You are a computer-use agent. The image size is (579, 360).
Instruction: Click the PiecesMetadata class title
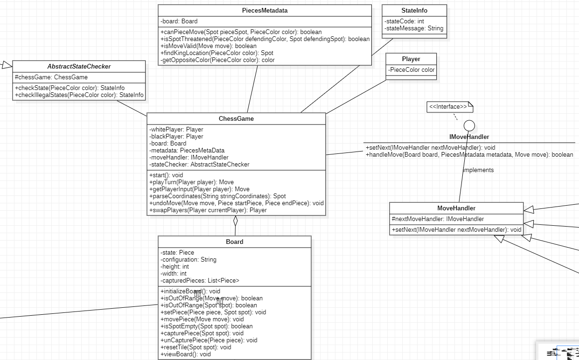click(x=265, y=10)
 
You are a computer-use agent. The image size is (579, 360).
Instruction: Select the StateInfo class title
click(x=414, y=10)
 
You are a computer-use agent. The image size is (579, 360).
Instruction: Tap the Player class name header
click(x=411, y=59)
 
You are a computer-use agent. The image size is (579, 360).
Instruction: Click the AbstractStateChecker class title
click(x=79, y=66)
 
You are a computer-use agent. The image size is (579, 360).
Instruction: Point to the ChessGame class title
click(x=236, y=118)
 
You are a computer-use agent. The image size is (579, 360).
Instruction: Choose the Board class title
click(x=234, y=242)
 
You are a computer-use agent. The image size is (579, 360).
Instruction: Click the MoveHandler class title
click(x=456, y=208)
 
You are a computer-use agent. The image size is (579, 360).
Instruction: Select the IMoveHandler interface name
click(x=469, y=137)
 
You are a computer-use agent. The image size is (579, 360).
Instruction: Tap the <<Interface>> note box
click(x=450, y=107)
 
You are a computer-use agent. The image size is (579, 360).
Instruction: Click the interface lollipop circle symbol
click(x=469, y=125)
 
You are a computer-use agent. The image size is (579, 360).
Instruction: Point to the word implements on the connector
click(x=478, y=170)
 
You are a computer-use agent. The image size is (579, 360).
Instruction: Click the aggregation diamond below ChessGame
click(x=236, y=221)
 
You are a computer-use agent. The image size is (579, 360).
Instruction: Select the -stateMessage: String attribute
click(x=413, y=28)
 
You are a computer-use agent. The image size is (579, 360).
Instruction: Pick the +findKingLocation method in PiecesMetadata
click(x=217, y=53)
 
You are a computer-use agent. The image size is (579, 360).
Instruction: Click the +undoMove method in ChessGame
click(x=236, y=203)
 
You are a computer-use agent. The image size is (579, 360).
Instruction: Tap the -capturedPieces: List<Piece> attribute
click(x=200, y=281)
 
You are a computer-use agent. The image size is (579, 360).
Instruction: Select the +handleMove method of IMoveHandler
click(x=469, y=155)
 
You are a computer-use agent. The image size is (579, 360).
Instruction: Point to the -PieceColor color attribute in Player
click(x=411, y=70)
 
